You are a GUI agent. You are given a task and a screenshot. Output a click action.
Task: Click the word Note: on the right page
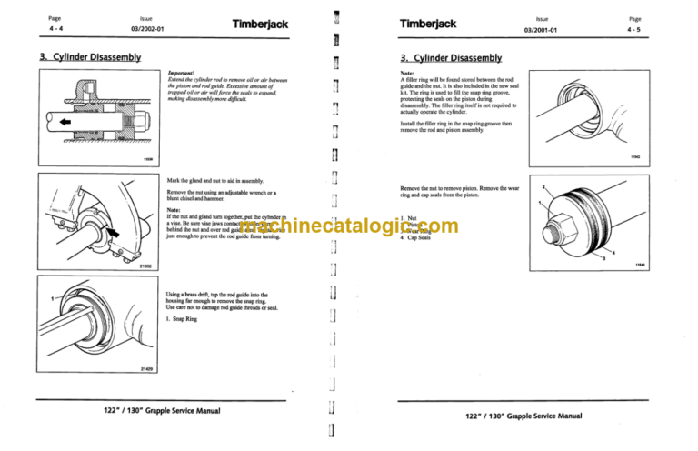(407, 72)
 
